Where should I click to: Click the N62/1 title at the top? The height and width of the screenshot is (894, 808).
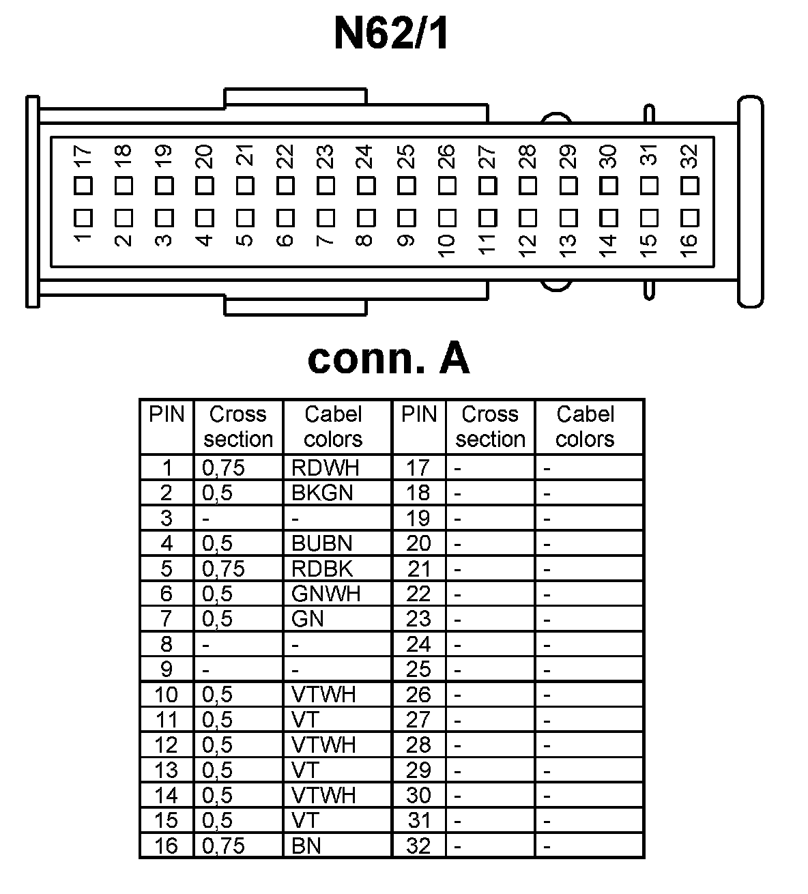[391, 34]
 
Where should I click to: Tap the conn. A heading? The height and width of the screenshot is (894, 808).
[388, 358]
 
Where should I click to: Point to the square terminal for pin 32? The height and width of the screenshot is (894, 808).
[690, 186]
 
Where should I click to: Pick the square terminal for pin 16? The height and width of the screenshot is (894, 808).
[690, 218]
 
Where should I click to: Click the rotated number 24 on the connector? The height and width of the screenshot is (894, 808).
[366, 156]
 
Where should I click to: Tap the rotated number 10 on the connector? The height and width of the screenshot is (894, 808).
[446, 246]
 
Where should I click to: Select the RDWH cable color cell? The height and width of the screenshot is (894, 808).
[325, 467]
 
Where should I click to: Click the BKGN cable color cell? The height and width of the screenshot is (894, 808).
[322, 493]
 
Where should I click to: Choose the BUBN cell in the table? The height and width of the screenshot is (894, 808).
[322, 543]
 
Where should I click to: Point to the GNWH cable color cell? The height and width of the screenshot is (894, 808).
[326, 594]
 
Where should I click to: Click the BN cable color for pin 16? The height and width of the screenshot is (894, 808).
[306, 846]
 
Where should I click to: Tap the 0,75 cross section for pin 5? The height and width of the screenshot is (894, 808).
[223, 568]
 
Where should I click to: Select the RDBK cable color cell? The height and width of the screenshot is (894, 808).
[322, 568]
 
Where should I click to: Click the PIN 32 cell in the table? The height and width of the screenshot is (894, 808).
[418, 846]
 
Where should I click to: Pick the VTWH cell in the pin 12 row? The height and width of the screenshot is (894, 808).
[323, 745]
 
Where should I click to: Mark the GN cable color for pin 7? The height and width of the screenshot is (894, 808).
[307, 619]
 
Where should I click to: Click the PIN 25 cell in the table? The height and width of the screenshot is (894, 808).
[418, 669]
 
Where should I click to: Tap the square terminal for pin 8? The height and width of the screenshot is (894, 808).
[366, 218]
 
